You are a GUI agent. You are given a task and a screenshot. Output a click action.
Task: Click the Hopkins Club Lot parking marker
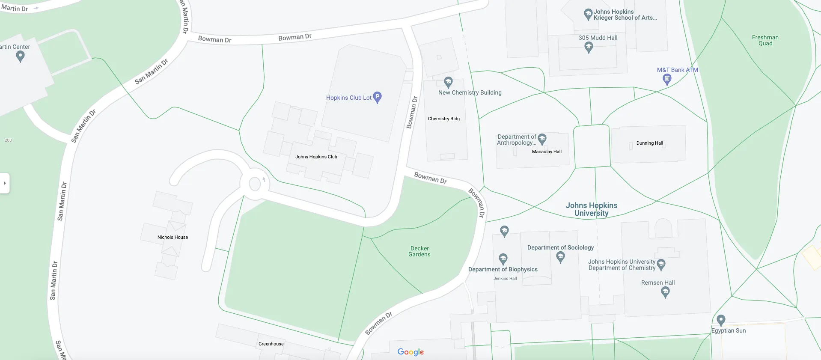coord(377,97)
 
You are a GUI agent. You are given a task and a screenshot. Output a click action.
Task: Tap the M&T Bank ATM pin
coord(667,79)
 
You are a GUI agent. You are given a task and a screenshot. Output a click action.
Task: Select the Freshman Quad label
coord(765,40)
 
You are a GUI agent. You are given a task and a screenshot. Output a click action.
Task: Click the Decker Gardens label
coord(419,251)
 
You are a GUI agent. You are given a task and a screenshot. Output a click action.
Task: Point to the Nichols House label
coord(173,237)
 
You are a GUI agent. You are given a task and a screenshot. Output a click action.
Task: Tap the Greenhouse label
coord(271,344)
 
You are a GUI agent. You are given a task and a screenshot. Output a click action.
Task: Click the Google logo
coord(410,352)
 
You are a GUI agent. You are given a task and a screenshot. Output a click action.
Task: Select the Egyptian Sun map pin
coord(721,320)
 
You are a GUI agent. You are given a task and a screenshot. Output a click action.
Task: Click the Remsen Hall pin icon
coord(665,292)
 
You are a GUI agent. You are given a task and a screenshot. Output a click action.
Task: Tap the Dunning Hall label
coord(649,143)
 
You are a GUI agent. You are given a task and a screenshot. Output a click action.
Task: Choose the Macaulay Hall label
coord(547,152)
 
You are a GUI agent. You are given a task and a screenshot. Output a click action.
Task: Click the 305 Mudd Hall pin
coord(589,47)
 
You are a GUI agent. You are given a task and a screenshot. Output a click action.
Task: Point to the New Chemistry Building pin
coord(448,82)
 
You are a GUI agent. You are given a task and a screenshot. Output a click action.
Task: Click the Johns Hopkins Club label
coord(316,157)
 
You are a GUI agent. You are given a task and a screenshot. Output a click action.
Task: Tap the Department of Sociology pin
coord(560,257)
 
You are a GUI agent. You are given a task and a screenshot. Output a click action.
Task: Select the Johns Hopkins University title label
coord(592,209)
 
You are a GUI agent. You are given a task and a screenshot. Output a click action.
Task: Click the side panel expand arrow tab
coord(5,183)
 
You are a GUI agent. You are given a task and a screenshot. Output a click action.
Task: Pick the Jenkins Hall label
coord(505,278)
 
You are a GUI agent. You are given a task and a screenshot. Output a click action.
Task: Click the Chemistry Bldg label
coord(443,119)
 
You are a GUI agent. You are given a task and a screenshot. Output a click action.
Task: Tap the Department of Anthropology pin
coord(542,138)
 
